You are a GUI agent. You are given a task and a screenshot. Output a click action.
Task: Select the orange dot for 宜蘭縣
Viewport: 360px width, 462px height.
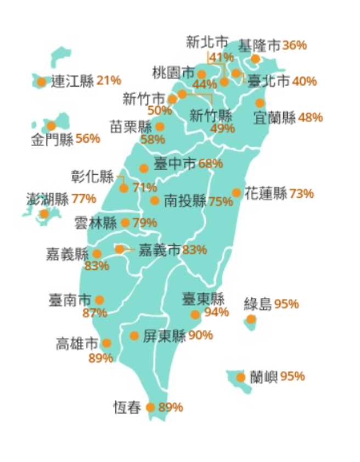pos(260,103)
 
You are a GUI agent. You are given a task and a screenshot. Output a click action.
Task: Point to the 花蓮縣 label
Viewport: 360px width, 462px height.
pos(266,193)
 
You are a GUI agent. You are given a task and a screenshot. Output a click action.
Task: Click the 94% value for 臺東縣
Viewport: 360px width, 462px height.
pos(216,313)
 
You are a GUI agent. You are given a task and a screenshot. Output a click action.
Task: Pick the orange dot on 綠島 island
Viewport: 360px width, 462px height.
pos(251,319)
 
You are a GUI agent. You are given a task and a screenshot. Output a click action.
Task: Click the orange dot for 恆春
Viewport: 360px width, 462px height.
pos(150,407)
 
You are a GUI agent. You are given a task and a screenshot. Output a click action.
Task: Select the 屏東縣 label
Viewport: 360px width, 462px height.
pos(165,335)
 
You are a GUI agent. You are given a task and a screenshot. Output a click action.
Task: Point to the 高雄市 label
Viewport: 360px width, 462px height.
pos(77,344)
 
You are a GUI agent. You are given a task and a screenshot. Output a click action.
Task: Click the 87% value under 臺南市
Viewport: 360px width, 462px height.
pos(94,313)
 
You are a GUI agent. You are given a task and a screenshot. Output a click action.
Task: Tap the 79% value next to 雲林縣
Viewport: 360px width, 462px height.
pos(145,223)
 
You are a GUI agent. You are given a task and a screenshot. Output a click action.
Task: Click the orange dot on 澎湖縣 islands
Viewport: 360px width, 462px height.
pos(44,214)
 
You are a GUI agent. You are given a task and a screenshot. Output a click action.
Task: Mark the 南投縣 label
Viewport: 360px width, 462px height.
pos(185,201)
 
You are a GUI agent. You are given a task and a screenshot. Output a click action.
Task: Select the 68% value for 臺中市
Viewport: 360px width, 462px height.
pos(211,164)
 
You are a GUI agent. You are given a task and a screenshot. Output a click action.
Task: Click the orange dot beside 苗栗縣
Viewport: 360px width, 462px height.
pos(160,127)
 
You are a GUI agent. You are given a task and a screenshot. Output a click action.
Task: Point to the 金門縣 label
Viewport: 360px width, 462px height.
pos(52,140)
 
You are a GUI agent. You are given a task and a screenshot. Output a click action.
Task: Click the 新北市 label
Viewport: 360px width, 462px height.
pos(207,42)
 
